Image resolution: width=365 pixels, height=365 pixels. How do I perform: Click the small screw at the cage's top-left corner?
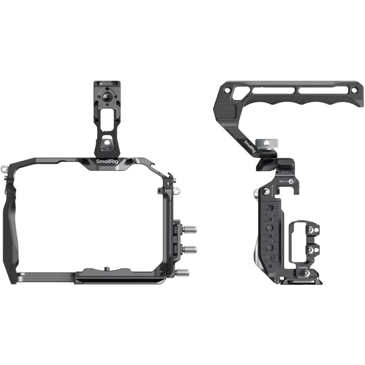point(4,169)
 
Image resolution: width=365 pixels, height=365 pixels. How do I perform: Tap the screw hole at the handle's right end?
point(352,88)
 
